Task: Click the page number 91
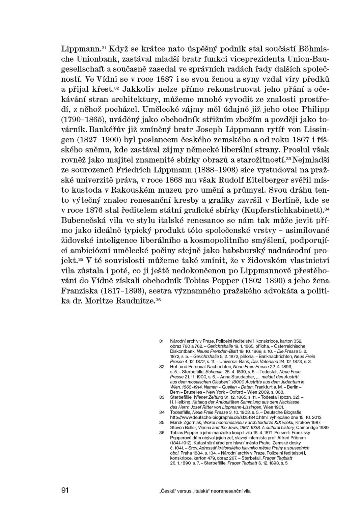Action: point(65,490)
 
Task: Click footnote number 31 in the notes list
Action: point(161,341)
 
